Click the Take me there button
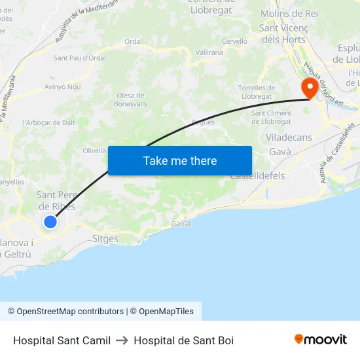[180, 160]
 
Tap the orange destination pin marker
[308, 88]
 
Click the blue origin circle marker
[50, 222]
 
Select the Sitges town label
[105, 239]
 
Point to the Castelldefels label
[257, 176]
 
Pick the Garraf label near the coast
[181, 223]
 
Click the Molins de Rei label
[289, 13]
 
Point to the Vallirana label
[209, 52]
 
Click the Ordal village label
[133, 41]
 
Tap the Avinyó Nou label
[62, 86]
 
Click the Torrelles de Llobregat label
[256, 92]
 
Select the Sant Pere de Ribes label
[56, 200]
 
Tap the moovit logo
[320, 340]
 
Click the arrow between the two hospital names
[122, 340]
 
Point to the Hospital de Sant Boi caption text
[183, 340]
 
